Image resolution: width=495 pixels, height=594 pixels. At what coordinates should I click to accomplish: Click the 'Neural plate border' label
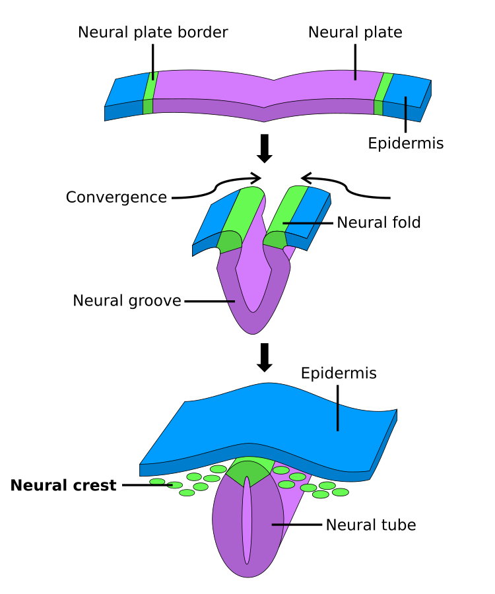(152, 32)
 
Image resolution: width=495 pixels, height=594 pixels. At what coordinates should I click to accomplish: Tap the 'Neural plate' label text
(355, 32)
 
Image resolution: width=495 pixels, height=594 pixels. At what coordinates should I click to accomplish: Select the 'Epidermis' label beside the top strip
(405, 143)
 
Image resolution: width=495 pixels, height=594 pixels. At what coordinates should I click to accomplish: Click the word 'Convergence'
(116, 197)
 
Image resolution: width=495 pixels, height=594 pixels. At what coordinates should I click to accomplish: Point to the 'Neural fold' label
(378, 222)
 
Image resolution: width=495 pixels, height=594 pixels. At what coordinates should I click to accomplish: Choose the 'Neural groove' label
(127, 301)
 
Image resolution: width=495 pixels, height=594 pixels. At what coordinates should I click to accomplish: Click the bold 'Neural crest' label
(63, 486)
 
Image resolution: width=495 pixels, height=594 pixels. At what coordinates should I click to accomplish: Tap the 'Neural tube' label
(371, 525)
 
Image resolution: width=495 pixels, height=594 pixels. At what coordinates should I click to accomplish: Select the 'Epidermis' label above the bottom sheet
(339, 374)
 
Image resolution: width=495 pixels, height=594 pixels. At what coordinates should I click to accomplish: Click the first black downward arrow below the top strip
(265, 148)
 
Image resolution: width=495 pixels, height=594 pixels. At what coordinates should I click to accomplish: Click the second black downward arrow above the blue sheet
(265, 357)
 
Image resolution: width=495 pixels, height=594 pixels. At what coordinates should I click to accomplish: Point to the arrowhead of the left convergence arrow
(256, 177)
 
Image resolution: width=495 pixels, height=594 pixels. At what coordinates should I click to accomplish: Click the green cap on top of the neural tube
(248, 473)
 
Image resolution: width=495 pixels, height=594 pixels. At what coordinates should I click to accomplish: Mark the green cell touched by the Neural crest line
(175, 485)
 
